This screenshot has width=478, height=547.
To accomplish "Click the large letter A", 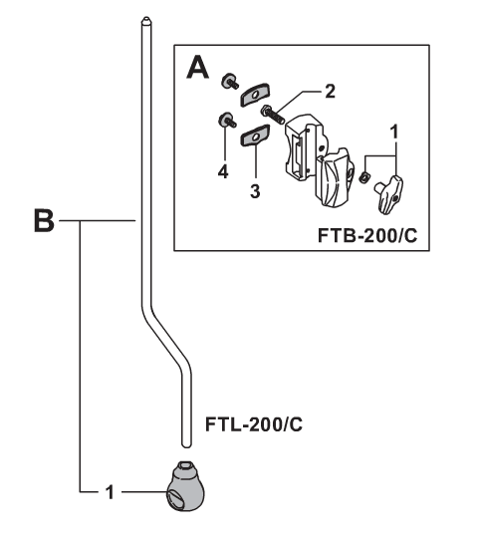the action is point(198,69).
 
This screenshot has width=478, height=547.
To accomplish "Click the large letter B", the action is point(44,220).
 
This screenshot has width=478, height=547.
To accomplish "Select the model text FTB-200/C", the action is point(367,235).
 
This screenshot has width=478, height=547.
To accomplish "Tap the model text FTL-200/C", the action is point(254,424).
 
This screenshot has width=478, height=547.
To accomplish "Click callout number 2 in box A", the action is point(330,91).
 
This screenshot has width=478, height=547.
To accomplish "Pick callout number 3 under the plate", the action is point(255,191).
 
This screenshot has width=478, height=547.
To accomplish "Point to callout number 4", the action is point(223,172).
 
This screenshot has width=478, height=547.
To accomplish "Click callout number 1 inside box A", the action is point(394,132).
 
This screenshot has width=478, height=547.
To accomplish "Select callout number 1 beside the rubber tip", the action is point(110,492).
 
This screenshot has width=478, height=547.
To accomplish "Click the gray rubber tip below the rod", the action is point(186,486).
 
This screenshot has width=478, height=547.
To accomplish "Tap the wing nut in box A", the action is point(389,194).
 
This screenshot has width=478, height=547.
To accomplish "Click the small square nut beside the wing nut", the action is point(364,177).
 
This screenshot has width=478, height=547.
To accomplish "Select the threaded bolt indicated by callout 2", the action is point(273,114).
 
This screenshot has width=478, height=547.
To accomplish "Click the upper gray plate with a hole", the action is point(255,95).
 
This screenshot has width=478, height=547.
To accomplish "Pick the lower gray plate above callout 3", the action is point(255,137).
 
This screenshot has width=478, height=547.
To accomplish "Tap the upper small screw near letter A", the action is point(229,82).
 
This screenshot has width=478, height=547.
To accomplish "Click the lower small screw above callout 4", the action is point(227,120).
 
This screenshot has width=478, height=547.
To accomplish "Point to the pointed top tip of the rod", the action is point(146,18).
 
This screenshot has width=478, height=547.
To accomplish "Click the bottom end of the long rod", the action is point(186,445).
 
